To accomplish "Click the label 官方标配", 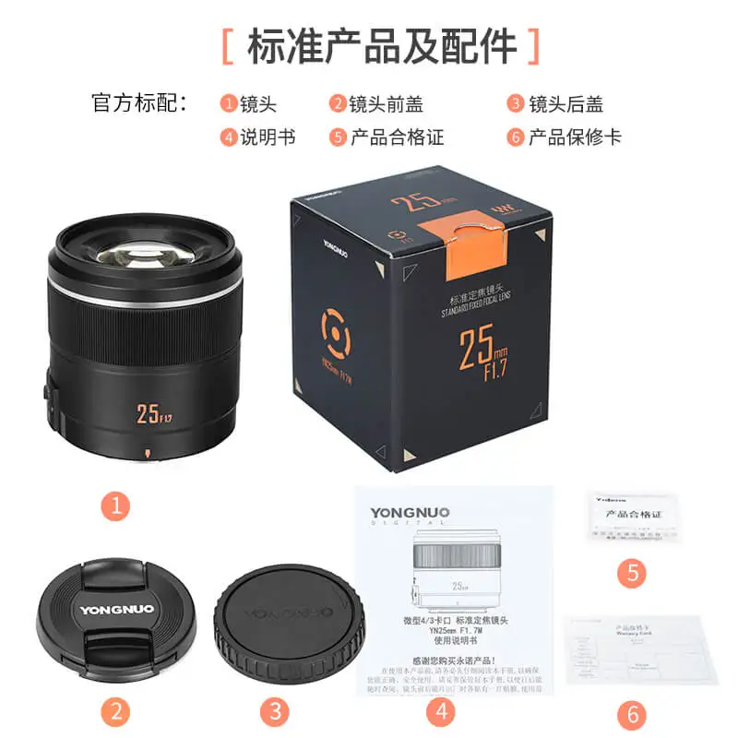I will [x=139, y=103].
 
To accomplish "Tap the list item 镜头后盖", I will [x=565, y=104].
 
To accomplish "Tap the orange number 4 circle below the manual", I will [x=441, y=711].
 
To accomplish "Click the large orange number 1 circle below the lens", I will [x=115, y=504].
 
